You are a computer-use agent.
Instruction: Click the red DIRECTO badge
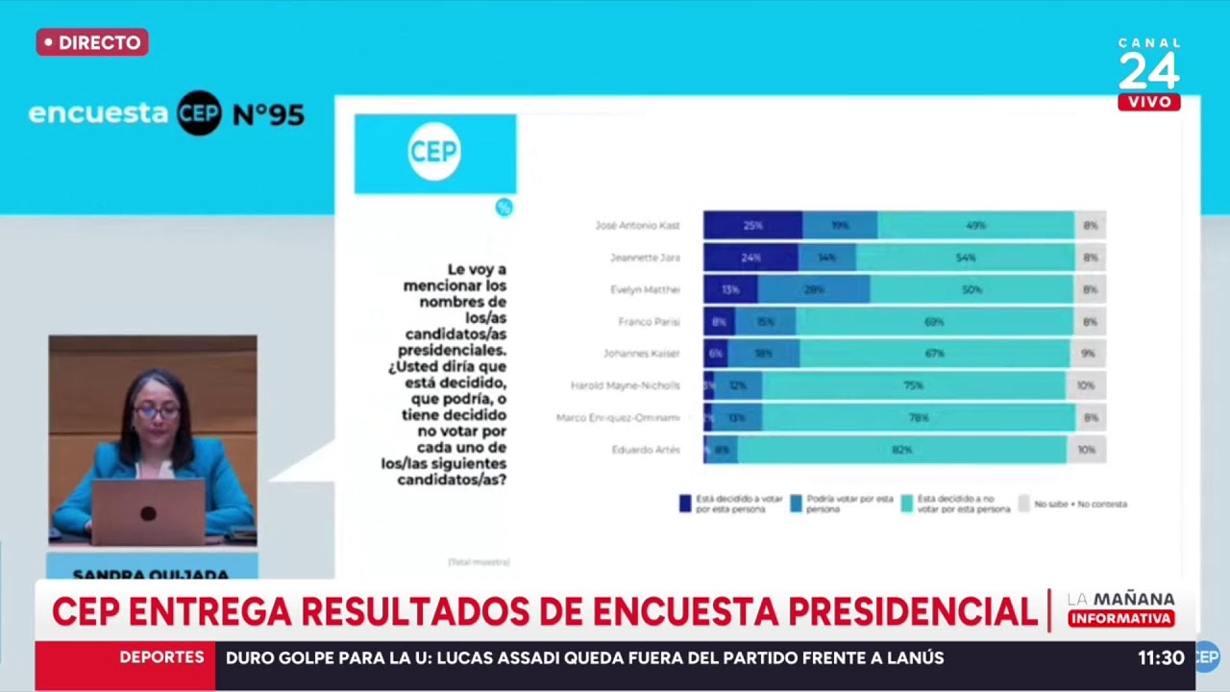[x=92, y=42]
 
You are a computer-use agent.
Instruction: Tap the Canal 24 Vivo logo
[x=1149, y=75]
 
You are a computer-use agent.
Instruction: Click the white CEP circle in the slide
[x=434, y=152]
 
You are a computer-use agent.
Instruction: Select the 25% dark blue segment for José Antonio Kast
[x=752, y=225]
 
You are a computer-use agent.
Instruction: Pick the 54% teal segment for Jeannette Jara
[x=965, y=258]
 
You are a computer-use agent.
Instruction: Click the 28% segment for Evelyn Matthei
[x=814, y=289]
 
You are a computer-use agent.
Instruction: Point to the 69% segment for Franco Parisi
[x=934, y=322]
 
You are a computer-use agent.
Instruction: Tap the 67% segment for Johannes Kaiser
[x=935, y=354]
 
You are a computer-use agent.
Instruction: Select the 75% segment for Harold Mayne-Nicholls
[x=913, y=385]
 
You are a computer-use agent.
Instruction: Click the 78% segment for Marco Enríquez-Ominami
[x=919, y=417]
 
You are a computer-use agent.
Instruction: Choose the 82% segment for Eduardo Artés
[x=901, y=449]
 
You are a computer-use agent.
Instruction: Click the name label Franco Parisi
[x=649, y=322]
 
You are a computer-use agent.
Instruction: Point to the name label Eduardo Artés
[x=646, y=450]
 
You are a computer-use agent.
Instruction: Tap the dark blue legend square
[x=685, y=503]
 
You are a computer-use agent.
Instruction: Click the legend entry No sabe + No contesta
[x=1073, y=504]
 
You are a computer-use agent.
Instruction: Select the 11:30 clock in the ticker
[x=1161, y=658]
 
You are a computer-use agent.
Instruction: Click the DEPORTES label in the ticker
[x=161, y=657]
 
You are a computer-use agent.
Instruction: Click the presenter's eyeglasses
[x=157, y=412]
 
